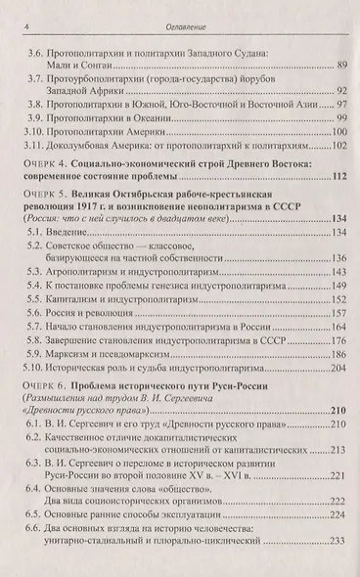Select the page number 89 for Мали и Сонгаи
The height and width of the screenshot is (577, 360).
pyautogui.click(x=340, y=65)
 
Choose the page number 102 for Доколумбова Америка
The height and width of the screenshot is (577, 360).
pyautogui.click(x=338, y=146)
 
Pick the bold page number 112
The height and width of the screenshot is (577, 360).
pyautogui.click(x=338, y=177)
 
